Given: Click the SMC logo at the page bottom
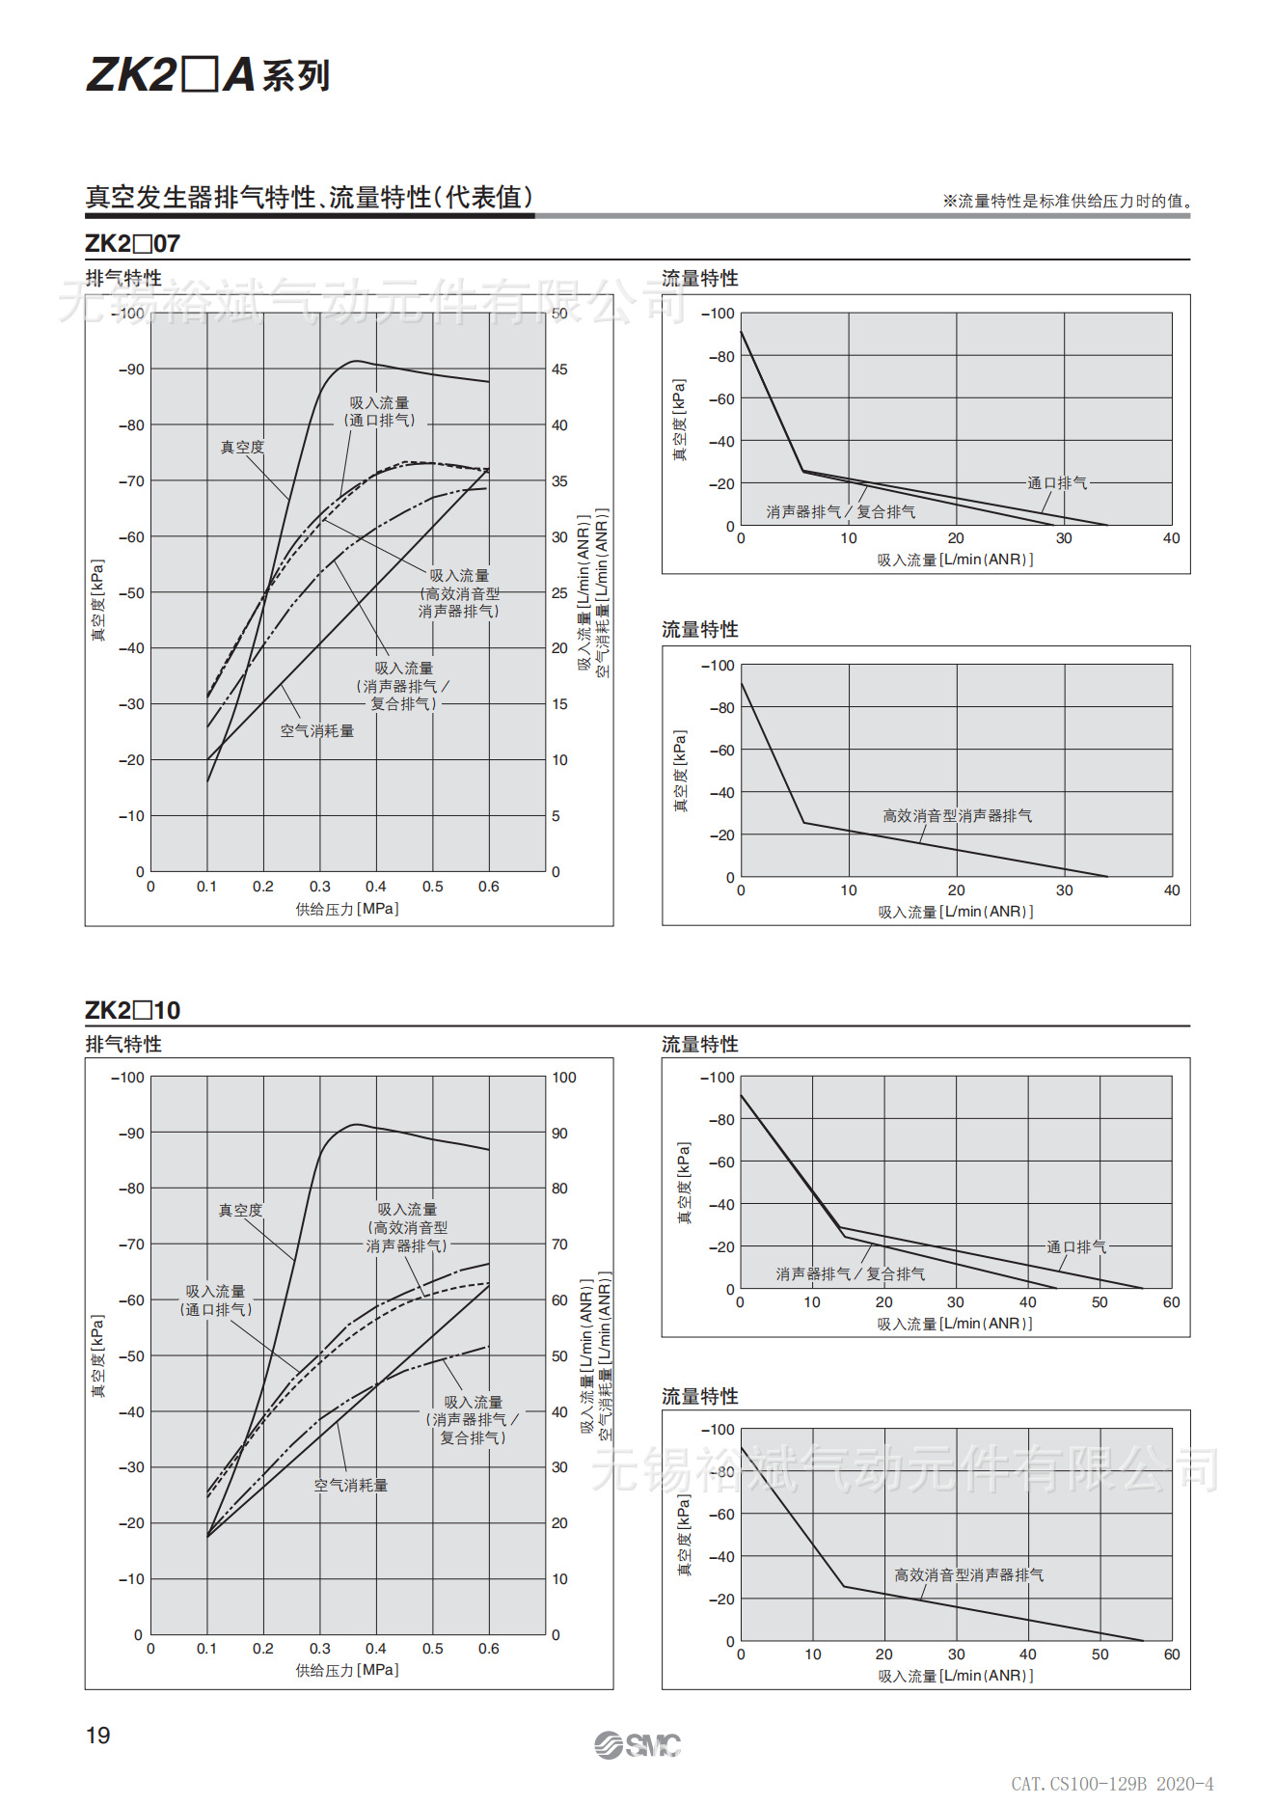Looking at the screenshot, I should (x=638, y=1744).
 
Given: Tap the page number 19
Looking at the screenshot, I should (x=98, y=1736).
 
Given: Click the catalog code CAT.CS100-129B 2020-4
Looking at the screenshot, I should (x=1112, y=1784).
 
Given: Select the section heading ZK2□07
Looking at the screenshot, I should (x=132, y=243).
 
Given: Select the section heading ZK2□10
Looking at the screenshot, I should (x=132, y=1010).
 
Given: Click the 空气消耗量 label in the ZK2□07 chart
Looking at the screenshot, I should (x=316, y=731).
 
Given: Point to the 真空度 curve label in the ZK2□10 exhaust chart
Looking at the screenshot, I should (x=240, y=1210).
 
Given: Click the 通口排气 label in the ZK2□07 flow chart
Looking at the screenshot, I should (x=1057, y=482).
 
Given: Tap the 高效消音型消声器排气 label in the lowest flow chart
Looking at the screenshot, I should (x=968, y=1574).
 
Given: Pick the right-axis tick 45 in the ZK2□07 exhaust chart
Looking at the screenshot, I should (x=559, y=369).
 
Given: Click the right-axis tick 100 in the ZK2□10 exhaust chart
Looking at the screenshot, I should (x=563, y=1078).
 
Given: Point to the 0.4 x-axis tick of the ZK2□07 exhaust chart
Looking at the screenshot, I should (x=376, y=887).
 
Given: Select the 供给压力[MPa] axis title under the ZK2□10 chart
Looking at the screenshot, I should (x=347, y=1670).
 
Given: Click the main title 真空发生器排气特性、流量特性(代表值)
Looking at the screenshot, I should (x=310, y=198).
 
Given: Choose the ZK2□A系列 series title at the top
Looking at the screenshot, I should (x=208, y=75).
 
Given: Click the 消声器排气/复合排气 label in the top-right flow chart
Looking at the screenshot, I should (x=841, y=511).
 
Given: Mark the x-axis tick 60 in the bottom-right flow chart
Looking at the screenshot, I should (x=1171, y=1655).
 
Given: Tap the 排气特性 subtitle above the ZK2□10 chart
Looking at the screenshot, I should (x=123, y=1044).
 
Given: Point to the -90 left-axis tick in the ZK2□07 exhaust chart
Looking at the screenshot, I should (x=131, y=369).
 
